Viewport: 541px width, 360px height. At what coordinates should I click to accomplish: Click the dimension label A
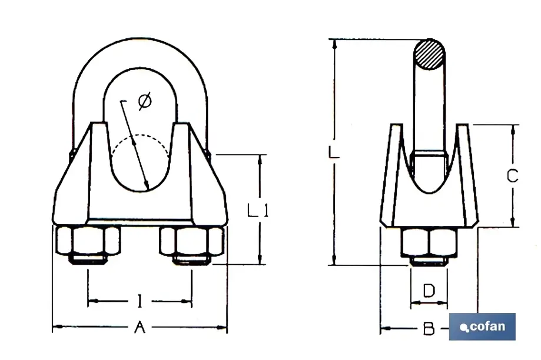140,327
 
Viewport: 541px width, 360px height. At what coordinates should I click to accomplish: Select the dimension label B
429,329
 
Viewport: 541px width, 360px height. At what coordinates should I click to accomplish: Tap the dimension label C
512,175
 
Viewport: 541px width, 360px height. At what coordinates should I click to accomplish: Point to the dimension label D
429,290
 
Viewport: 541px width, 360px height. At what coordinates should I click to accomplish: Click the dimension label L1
257,210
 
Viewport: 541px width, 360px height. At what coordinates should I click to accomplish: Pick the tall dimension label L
333,152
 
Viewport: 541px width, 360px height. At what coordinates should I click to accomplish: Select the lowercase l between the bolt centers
139,302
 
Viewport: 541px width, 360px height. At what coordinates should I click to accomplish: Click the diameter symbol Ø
144,102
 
